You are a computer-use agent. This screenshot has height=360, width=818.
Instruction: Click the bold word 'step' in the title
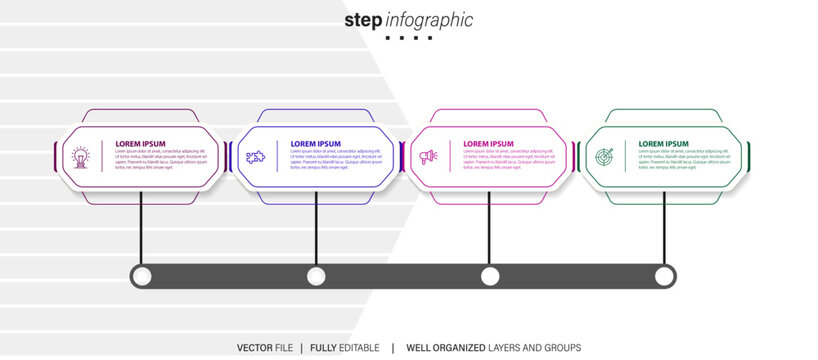pyautogui.click(x=363, y=20)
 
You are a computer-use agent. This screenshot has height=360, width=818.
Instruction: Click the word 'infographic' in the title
pyautogui.click(x=429, y=20)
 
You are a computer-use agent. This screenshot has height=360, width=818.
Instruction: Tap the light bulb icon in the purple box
pyautogui.click(x=80, y=157)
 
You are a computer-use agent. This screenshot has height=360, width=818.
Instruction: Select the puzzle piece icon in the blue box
pyautogui.click(x=255, y=157)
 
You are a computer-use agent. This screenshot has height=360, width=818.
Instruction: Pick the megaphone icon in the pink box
pyautogui.click(x=429, y=157)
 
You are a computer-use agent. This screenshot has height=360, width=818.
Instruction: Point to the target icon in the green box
pyautogui.click(x=603, y=157)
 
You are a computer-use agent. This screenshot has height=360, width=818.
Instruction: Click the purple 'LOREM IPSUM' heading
pyautogui.click(x=140, y=144)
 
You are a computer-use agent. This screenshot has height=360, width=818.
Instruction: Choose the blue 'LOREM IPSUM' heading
pyautogui.click(x=316, y=144)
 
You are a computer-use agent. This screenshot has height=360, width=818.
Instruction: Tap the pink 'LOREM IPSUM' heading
pyautogui.click(x=488, y=144)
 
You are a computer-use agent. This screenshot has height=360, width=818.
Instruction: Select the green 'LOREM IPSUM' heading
pyautogui.click(x=664, y=144)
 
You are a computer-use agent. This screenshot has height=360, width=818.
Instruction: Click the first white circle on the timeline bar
pyautogui.click(x=142, y=276)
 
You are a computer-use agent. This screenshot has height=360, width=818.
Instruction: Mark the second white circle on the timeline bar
pyautogui.click(x=316, y=276)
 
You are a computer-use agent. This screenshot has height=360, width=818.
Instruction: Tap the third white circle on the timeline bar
pyautogui.click(x=490, y=276)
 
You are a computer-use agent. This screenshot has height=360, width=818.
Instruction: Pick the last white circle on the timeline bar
pyautogui.click(x=664, y=276)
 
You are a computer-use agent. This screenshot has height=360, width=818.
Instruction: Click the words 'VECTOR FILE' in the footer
pyautogui.click(x=265, y=347)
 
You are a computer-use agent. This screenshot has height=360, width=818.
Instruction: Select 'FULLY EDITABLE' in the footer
pyautogui.click(x=344, y=347)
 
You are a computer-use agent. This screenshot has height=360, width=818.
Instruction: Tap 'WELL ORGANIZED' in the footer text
pyautogui.click(x=440, y=347)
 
